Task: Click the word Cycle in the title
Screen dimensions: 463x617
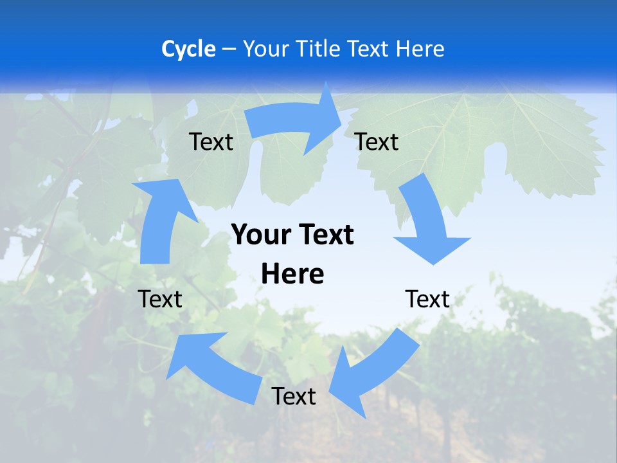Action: [x=188, y=49]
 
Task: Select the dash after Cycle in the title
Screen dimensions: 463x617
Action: [x=229, y=50]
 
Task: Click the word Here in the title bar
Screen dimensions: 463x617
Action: [x=420, y=49]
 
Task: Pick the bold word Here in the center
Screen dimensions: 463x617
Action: [x=292, y=274]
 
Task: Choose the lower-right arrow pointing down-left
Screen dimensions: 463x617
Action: [x=373, y=373]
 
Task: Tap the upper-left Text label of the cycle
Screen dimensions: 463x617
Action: [x=211, y=142]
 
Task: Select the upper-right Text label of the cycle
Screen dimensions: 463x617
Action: [x=377, y=142]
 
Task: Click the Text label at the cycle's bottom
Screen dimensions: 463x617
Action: [x=294, y=397]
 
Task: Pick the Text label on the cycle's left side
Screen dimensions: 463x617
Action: [x=160, y=299]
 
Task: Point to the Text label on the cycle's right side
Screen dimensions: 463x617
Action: [x=427, y=299]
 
